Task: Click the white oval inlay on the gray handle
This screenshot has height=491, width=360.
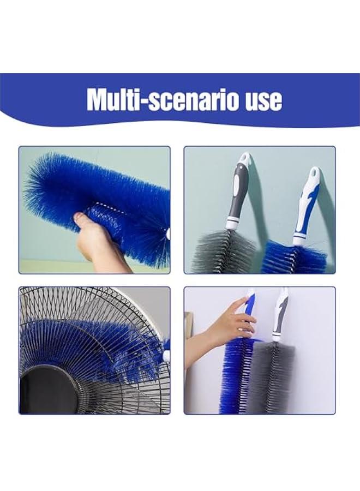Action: click(236, 185)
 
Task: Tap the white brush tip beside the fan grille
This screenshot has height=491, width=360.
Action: click(166, 355)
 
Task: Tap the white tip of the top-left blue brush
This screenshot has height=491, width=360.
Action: click(167, 234)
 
